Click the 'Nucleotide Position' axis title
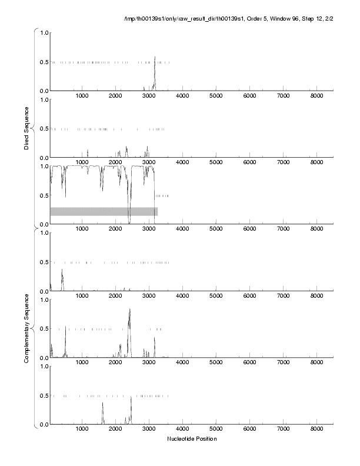[x=192, y=438]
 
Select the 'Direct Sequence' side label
[x=27, y=128]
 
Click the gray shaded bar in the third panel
[x=104, y=211]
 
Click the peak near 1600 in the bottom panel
[x=102, y=404]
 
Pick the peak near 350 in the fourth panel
[x=62, y=271]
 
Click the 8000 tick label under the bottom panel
[x=317, y=430]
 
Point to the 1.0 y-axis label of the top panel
[x=42, y=32]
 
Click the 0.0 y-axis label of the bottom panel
[x=42, y=425]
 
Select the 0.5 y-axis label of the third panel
[x=42, y=195]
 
